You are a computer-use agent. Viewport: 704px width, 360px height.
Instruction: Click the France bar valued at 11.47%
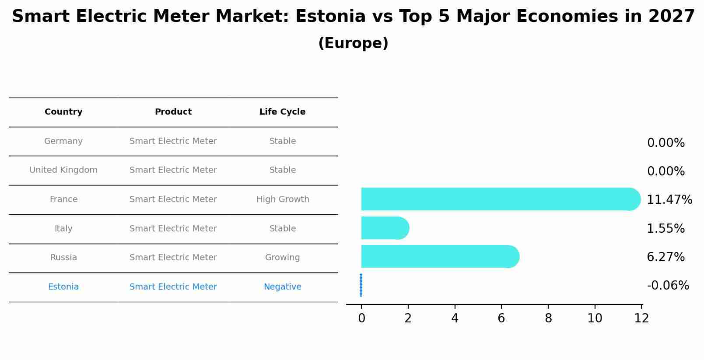click(499, 199)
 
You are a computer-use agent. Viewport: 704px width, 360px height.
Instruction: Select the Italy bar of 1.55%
click(384, 228)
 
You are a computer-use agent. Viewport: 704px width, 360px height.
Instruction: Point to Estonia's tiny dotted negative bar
click(361, 285)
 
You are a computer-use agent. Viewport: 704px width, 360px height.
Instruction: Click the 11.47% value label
click(669, 200)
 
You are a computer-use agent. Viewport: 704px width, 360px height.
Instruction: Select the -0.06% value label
click(668, 286)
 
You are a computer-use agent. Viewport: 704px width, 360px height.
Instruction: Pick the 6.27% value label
click(665, 257)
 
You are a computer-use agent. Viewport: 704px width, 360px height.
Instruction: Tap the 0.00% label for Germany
click(665, 143)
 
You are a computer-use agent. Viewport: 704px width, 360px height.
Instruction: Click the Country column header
click(63, 112)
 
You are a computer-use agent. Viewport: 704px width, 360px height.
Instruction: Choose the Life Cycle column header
click(282, 112)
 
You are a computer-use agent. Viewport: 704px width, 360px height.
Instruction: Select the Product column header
click(173, 112)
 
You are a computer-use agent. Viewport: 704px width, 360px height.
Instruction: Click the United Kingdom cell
click(63, 170)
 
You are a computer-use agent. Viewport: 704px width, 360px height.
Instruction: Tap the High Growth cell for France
click(283, 199)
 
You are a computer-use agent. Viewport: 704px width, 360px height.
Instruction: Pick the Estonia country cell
click(63, 287)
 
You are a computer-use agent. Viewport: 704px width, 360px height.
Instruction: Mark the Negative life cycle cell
click(282, 287)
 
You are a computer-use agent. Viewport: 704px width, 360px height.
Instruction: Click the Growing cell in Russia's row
click(282, 258)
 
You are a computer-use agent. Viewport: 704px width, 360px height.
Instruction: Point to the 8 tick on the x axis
click(548, 318)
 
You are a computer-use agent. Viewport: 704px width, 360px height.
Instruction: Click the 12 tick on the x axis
click(641, 318)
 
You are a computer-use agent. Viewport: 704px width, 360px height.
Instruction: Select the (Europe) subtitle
click(353, 43)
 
